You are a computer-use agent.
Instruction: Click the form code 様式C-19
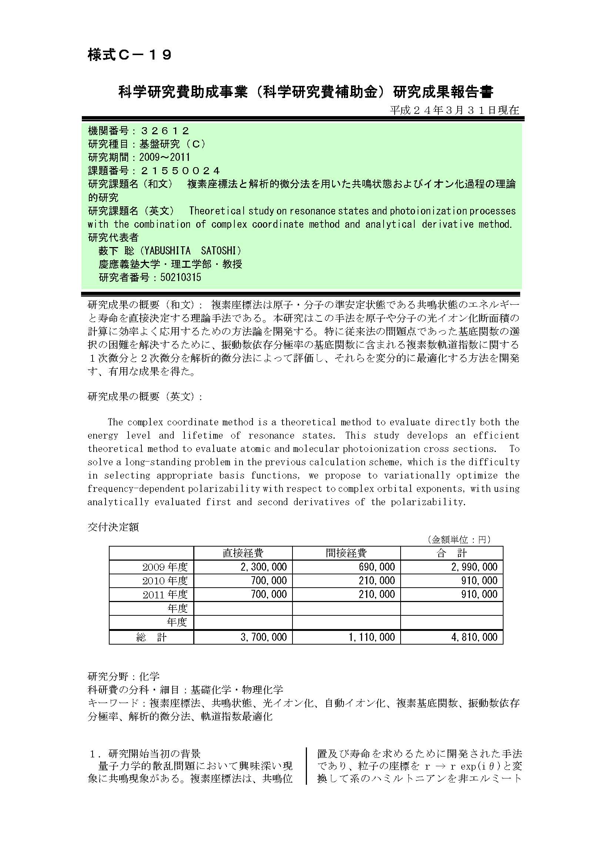pos(130,55)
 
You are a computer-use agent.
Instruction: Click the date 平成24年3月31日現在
pos(454,110)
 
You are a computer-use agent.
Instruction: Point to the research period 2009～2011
pos(164,157)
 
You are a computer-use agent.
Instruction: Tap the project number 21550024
pos(180,170)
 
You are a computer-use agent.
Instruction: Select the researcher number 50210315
pos(181,278)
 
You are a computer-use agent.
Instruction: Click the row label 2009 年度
pos(165,567)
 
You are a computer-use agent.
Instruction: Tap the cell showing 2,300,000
pos(264,567)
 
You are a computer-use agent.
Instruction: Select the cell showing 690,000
pos(377,567)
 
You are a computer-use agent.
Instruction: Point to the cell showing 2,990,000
pos(474,567)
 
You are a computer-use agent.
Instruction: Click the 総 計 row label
pos(151,638)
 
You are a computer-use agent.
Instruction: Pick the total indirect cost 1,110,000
pos(372,638)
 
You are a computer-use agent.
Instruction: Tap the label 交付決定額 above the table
pos(113,527)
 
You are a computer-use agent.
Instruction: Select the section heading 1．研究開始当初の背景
pos(145,754)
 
